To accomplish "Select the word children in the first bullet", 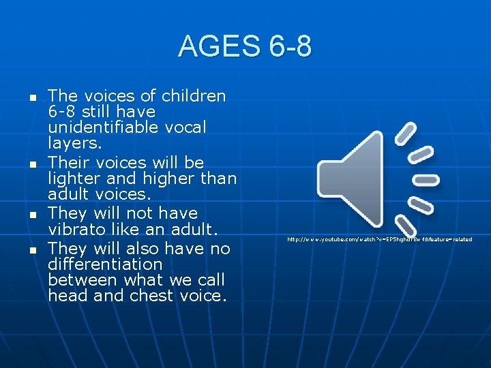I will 194,96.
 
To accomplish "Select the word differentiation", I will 105,264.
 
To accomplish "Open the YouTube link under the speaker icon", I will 379,240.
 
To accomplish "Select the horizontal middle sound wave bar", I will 427,180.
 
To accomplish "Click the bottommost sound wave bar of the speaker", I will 406,226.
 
